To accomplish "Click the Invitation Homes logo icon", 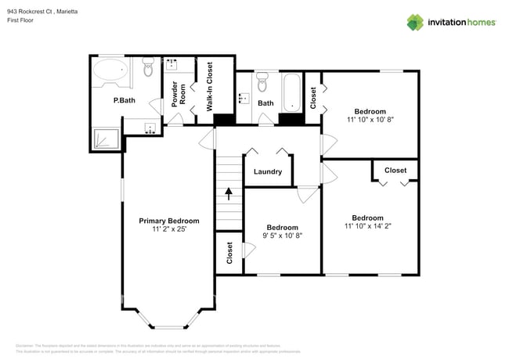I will pos(416,23).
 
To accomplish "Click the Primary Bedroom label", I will pos(169,221).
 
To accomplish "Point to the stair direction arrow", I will pos(229,193).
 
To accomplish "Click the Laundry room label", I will pos(267,171).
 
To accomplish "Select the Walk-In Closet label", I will pos(210,84).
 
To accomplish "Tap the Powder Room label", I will pos(179,93).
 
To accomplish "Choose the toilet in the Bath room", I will pos(263,81).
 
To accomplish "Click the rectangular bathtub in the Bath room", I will pos(292,92).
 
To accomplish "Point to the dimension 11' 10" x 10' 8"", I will pos(370,120).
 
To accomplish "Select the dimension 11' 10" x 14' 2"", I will pos(367,226).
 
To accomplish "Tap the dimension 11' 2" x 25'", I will pos(169,229).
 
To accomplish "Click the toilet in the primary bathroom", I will pos(149,68).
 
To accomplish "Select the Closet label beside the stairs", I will pos(229,253).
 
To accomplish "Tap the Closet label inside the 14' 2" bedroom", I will pos(395,170).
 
